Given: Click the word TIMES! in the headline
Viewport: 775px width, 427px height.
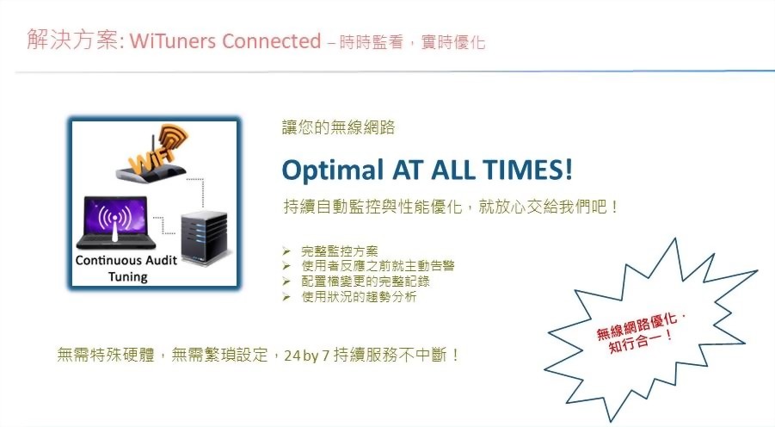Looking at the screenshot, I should click(527, 169).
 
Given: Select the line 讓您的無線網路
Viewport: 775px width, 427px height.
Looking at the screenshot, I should click(338, 127).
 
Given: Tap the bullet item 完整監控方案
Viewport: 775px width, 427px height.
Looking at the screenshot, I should click(340, 251).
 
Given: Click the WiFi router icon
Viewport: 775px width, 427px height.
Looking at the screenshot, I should click(156, 156).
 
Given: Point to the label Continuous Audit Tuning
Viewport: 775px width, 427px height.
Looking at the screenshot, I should click(125, 268).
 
